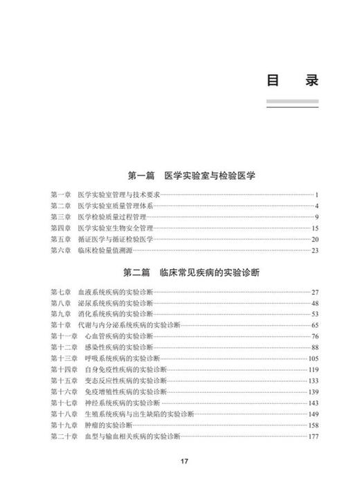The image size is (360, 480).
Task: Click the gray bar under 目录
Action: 292,102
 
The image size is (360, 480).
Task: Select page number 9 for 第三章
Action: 315,217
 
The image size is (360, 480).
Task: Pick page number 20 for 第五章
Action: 314,239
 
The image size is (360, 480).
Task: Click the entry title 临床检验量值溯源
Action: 106,250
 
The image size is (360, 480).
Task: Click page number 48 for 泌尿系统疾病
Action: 314,304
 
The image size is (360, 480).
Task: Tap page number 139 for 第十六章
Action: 312,392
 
